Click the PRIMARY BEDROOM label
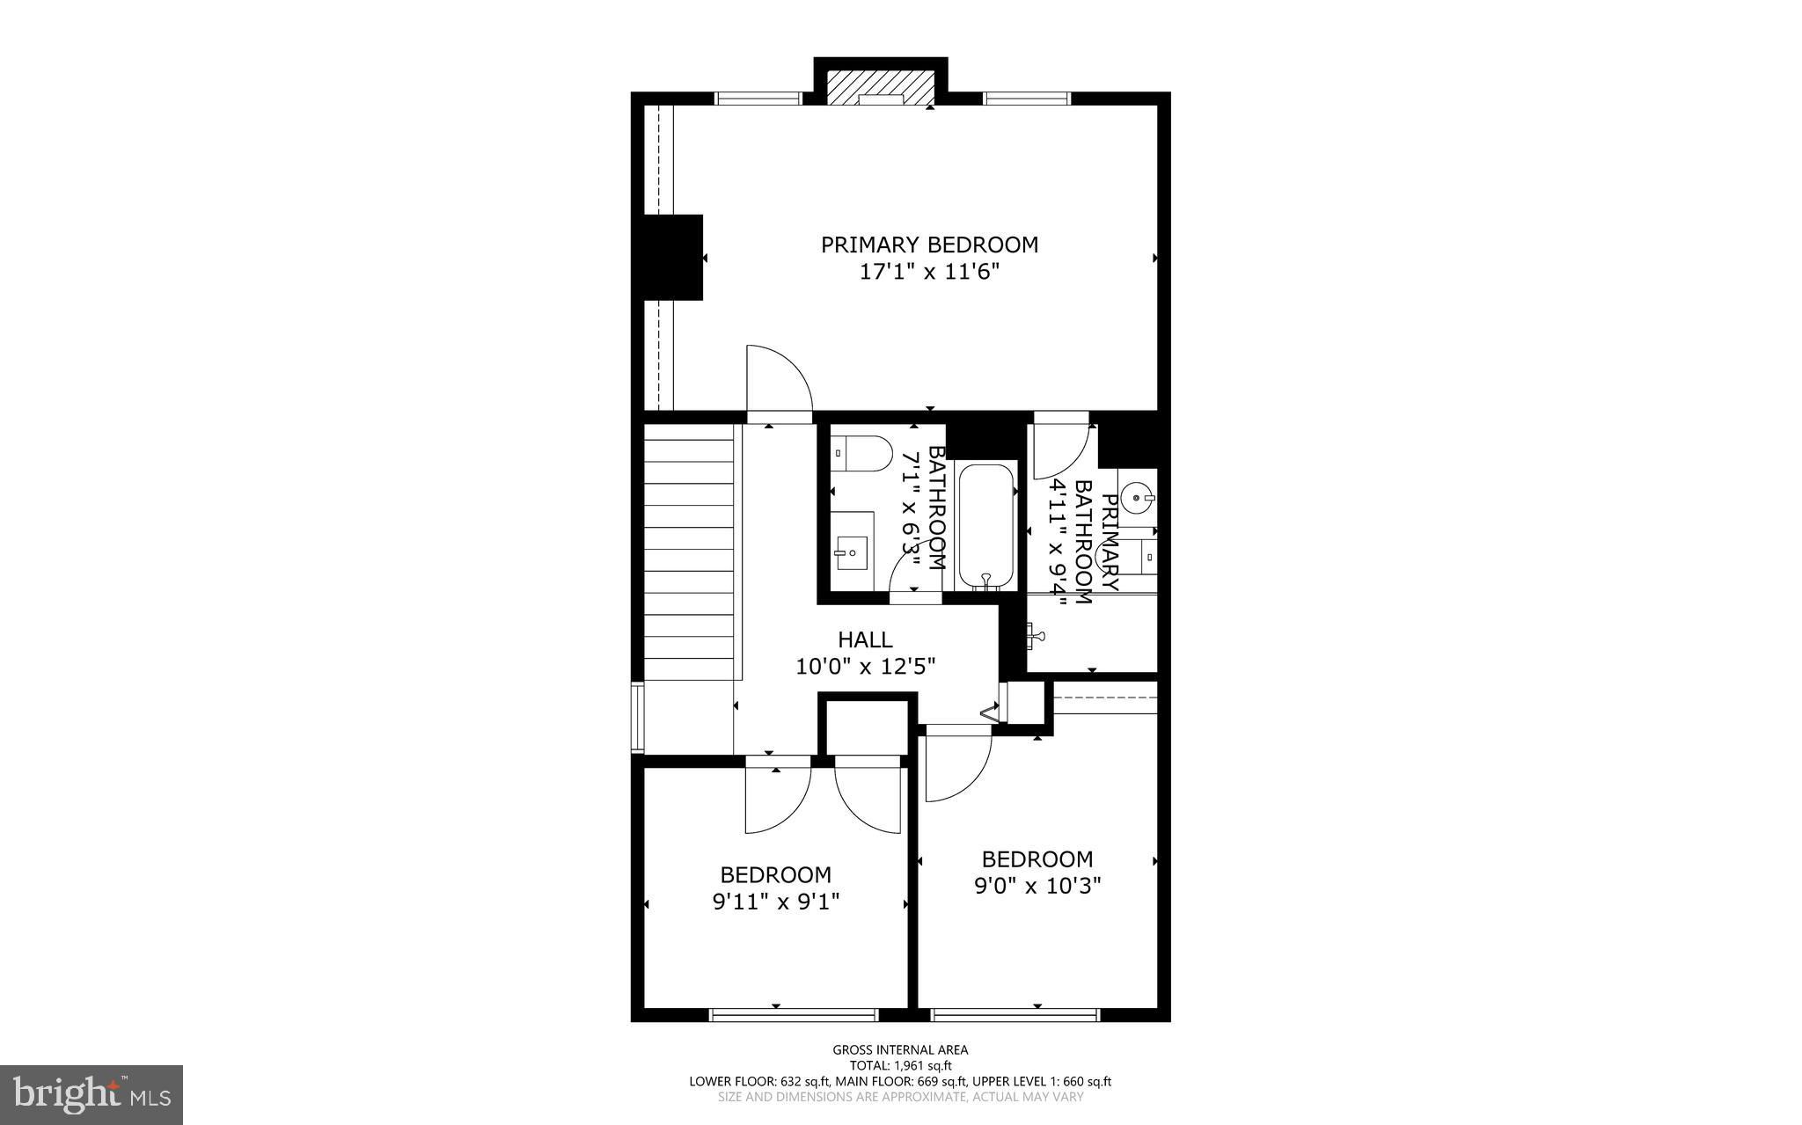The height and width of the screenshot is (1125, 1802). pos(929,245)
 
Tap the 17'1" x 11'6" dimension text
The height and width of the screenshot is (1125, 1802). pos(929,273)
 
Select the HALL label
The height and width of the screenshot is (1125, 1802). pos(864,639)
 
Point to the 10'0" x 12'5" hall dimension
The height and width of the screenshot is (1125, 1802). pos(864,667)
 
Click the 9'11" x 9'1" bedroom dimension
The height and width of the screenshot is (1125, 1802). pos(775,902)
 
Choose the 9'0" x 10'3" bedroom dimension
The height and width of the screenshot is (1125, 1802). pos(1037,886)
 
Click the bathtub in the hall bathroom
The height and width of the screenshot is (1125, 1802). pos(986,525)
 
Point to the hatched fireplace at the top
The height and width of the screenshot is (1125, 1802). pos(880,86)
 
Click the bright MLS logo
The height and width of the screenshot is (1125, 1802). pos(91,1094)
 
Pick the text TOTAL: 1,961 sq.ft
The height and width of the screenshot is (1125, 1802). pos(900,1065)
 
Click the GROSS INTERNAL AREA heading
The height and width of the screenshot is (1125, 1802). pos(900,1049)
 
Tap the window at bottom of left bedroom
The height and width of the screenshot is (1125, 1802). pos(794,1015)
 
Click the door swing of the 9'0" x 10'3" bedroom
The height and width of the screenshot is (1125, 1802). pos(957,765)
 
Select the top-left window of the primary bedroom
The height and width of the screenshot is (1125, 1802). pos(758,99)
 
